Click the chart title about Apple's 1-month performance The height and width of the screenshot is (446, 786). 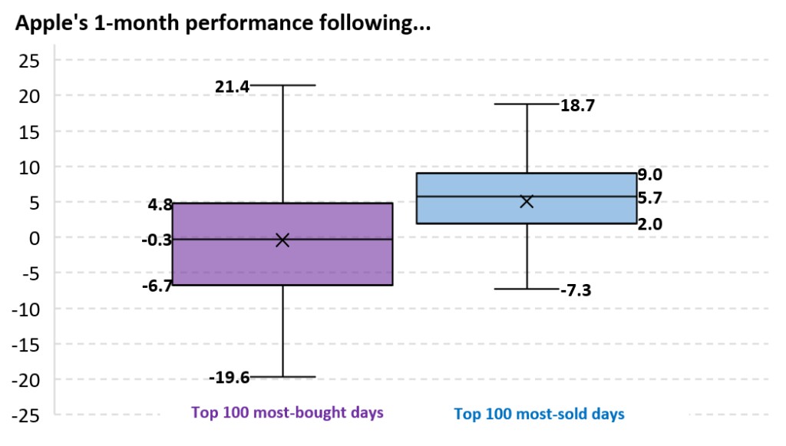[223, 23]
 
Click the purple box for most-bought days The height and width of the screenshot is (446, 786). [282, 244]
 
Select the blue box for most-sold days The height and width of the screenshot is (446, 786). [527, 198]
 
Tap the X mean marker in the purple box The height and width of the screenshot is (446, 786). [282, 240]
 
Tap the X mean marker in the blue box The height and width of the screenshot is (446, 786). [527, 201]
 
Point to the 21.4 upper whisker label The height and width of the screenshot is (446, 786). [232, 87]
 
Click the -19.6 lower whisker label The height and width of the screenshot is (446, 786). [229, 378]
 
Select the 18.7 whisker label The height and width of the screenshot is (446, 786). [577, 105]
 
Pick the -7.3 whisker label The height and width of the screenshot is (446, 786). [576, 290]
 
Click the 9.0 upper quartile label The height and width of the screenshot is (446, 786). [650, 174]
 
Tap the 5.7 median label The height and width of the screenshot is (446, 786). [650, 198]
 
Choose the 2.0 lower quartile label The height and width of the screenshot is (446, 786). [650, 224]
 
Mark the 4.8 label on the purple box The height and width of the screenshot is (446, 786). [160, 204]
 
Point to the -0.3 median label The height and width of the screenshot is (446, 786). [157, 240]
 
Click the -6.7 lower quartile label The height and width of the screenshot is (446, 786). [157, 286]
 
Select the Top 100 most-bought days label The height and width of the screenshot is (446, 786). [287, 412]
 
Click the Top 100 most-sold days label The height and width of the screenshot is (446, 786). [540, 414]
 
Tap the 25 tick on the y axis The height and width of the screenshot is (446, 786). [29, 61]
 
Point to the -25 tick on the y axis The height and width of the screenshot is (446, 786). [25, 416]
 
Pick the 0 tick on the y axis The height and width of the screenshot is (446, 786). [34, 239]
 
